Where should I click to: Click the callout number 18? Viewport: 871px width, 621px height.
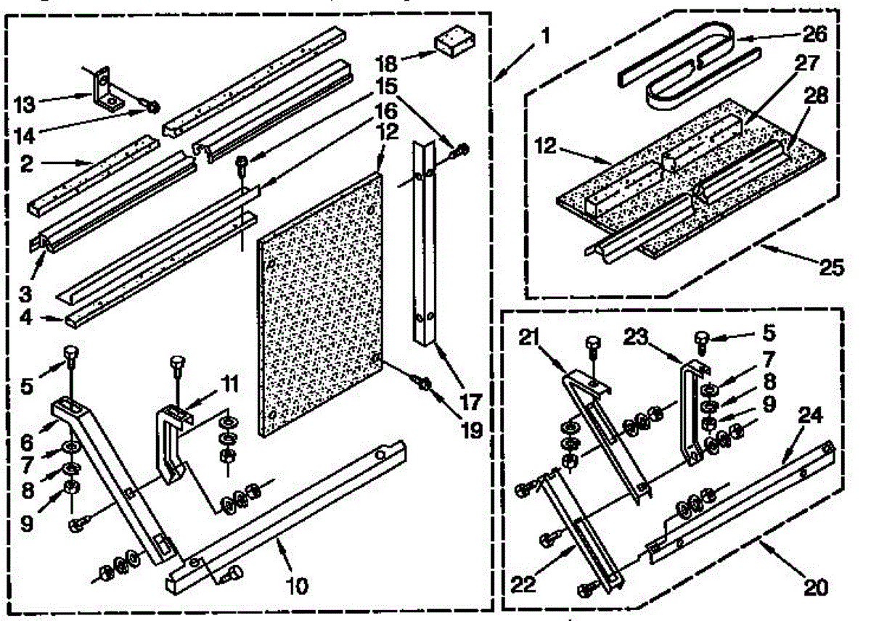pos(387,63)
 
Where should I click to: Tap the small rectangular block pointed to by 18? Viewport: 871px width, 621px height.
pos(454,41)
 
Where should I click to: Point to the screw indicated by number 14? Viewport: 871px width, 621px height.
pos(153,107)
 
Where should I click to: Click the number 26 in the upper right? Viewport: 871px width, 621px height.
pos(814,34)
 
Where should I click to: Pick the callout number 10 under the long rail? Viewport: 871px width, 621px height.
pos(297,585)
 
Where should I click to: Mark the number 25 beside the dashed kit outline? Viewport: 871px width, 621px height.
pos(831,268)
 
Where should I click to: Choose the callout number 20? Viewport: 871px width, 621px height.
pos(816,587)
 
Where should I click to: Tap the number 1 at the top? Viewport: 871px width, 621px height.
pos(547,36)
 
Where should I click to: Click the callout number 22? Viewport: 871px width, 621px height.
pos(523,584)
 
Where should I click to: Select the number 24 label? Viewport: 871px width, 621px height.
pos(810,416)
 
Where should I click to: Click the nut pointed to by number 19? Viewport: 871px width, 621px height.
pos(425,384)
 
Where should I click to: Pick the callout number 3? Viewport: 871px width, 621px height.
pos(25,295)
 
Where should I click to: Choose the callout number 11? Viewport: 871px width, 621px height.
pos(229,384)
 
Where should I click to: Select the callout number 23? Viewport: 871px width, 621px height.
pos(636,337)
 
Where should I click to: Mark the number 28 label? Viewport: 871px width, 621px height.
pos(815,95)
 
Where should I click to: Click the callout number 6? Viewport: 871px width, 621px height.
pos(26,443)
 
